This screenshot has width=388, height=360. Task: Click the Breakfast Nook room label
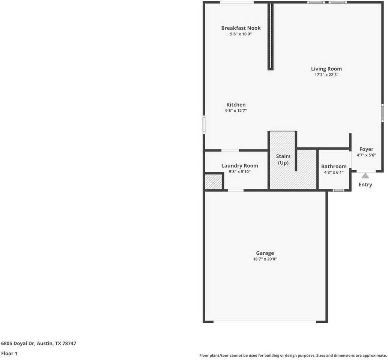pos(241,28)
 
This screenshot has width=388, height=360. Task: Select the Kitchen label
pos(236,105)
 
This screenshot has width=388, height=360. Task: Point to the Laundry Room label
pos(239,166)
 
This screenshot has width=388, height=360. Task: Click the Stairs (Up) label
pos(283,159)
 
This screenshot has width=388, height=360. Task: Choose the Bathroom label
pos(334,166)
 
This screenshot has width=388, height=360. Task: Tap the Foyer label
pos(366,149)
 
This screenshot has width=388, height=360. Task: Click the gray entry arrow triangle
pos(365,175)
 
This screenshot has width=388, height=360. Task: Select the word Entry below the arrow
pos(365,184)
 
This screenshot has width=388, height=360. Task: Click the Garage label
pos(265,253)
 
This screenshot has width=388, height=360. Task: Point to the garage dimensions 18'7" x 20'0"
pos(265,259)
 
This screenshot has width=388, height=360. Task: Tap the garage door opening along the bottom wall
pos(265,321)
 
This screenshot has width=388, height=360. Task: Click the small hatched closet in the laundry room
pos(214,182)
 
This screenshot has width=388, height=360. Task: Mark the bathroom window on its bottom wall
pos(338,190)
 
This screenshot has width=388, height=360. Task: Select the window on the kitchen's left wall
pos(204,124)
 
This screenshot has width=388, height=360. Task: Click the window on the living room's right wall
pos(382,112)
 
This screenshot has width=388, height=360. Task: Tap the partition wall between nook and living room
pos(270,37)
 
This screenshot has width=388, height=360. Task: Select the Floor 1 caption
pos(9,353)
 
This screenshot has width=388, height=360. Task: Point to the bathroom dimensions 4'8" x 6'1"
pos(334,172)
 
